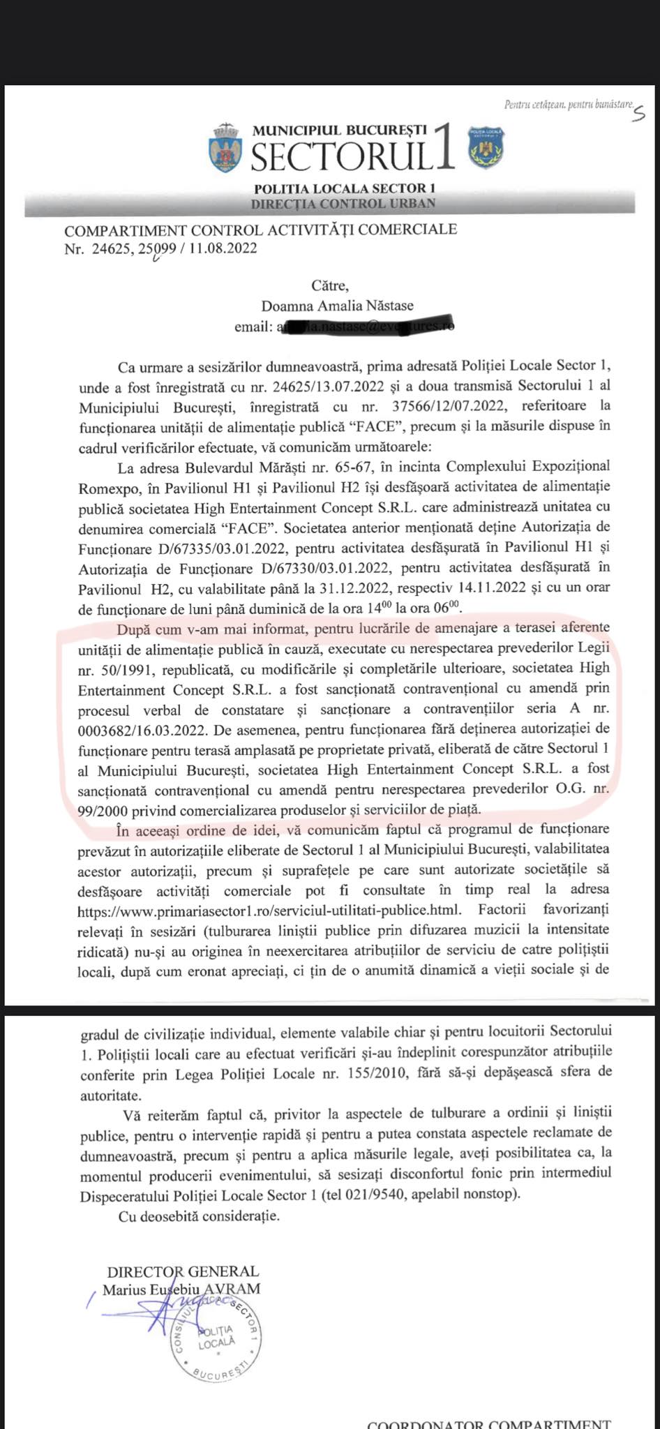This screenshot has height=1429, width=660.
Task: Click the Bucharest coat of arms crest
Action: coord(225,148)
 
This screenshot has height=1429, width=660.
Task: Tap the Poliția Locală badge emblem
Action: coord(486,147)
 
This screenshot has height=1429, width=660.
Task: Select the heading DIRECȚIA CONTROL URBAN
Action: coord(343,203)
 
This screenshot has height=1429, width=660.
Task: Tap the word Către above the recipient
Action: coord(329,285)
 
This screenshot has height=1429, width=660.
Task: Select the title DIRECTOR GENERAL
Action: coord(183,1271)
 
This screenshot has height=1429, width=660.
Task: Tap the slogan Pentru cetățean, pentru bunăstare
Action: coord(567,105)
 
